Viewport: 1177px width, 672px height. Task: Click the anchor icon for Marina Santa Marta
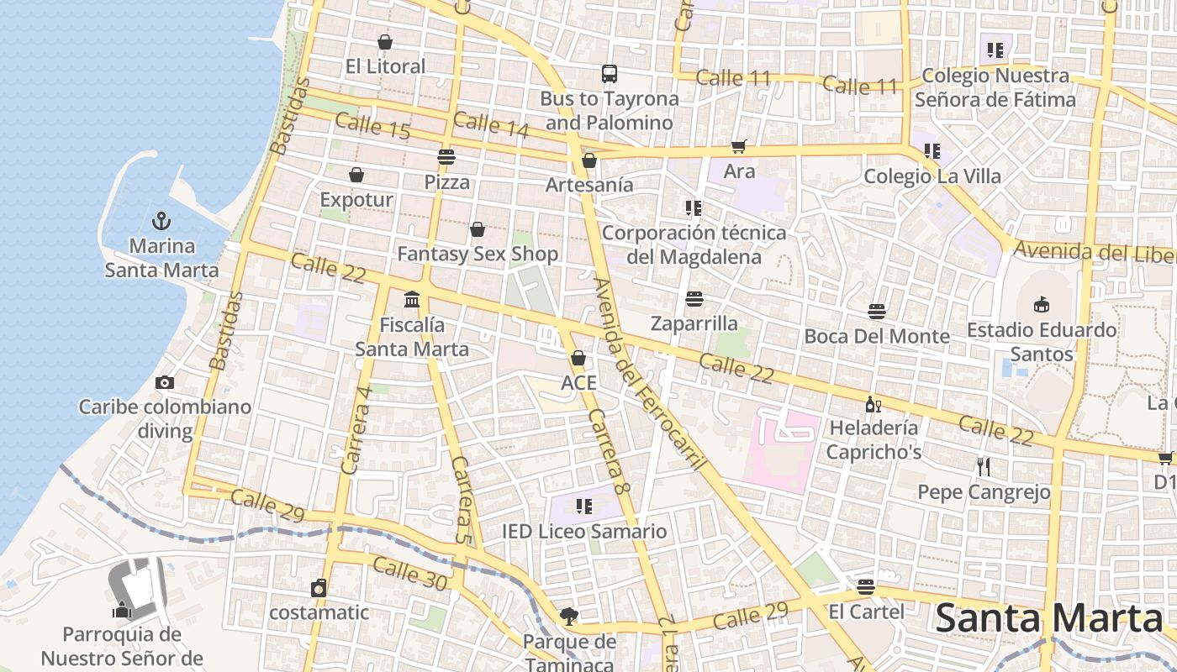(x=161, y=221)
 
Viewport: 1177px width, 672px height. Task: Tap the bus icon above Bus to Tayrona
(x=610, y=74)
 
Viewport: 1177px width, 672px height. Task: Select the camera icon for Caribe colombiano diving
(x=165, y=382)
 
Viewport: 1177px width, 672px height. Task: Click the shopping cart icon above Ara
(x=739, y=147)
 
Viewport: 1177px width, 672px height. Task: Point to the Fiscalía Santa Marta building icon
(x=412, y=299)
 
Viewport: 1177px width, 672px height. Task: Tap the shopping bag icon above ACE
(x=578, y=359)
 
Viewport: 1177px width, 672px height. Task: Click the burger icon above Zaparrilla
(x=694, y=299)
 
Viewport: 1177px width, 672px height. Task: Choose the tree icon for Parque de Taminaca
(x=569, y=617)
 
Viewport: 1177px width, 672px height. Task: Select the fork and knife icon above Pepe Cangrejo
(x=984, y=467)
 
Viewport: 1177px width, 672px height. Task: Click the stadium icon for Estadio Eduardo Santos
(x=1042, y=304)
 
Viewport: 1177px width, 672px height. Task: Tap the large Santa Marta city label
(x=1048, y=618)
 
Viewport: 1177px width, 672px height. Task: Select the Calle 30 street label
(x=409, y=573)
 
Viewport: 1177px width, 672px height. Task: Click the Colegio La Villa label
(x=932, y=176)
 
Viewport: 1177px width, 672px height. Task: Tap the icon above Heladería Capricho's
(x=874, y=405)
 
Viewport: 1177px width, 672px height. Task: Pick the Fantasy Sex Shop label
(x=477, y=254)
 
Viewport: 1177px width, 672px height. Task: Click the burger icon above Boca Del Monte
(x=877, y=312)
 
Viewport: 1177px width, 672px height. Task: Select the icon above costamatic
(x=319, y=588)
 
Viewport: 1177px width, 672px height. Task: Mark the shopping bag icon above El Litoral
(x=385, y=42)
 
